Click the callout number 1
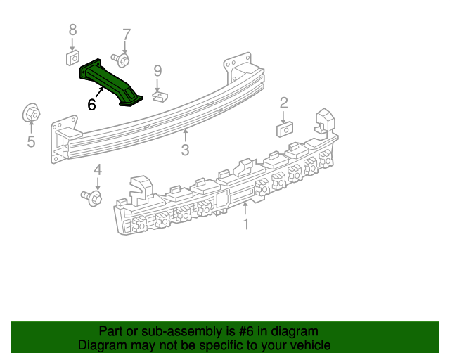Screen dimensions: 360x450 (x=246, y=224)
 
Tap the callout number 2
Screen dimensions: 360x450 (x=283, y=103)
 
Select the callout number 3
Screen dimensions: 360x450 (x=185, y=149)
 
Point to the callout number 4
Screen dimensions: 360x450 (x=98, y=169)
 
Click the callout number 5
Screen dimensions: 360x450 (x=31, y=142)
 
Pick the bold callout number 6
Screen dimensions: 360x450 (x=91, y=105)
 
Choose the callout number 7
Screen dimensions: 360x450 (x=127, y=34)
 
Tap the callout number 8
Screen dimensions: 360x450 (x=72, y=30)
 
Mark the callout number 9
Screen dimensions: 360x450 (x=158, y=70)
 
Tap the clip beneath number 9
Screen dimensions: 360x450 (x=160, y=96)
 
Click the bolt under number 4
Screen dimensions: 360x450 (x=92, y=197)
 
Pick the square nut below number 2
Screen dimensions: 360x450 (x=285, y=129)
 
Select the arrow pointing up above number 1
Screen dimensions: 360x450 (x=246, y=208)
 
